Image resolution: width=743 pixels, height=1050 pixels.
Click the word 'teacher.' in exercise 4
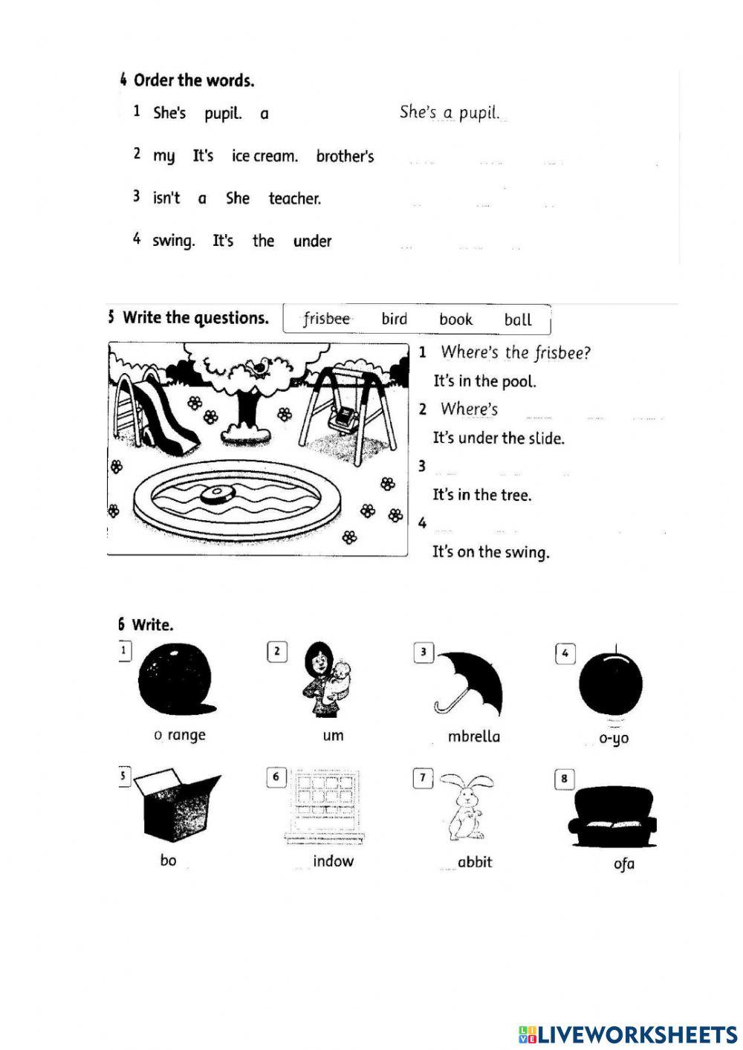point(294,198)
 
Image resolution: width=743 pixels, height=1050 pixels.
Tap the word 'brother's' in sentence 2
point(345,156)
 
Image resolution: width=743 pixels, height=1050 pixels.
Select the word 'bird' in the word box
point(394,319)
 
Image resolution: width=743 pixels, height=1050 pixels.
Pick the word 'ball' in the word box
point(518,320)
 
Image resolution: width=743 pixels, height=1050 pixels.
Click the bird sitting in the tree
point(260,366)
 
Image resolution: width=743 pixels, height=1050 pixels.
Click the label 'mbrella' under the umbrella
point(473,736)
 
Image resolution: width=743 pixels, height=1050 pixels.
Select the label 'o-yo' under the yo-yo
point(614,739)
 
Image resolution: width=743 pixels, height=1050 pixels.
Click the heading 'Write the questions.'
point(195,318)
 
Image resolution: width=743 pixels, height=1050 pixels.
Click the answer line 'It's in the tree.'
point(482,495)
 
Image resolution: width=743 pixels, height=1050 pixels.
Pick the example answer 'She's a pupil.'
point(450,113)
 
